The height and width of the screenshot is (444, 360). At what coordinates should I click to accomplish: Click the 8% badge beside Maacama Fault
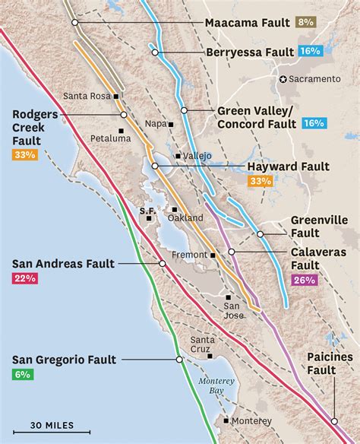tap(306, 23)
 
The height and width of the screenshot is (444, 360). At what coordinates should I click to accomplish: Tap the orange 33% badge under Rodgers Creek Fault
tap(25, 155)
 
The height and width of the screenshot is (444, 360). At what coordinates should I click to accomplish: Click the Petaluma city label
tap(110, 139)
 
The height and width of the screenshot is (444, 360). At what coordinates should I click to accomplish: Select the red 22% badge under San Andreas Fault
tap(24, 279)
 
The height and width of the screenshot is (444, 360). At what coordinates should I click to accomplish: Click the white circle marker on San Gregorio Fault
tap(179, 360)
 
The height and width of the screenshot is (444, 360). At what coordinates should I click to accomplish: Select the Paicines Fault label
tap(332, 363)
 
